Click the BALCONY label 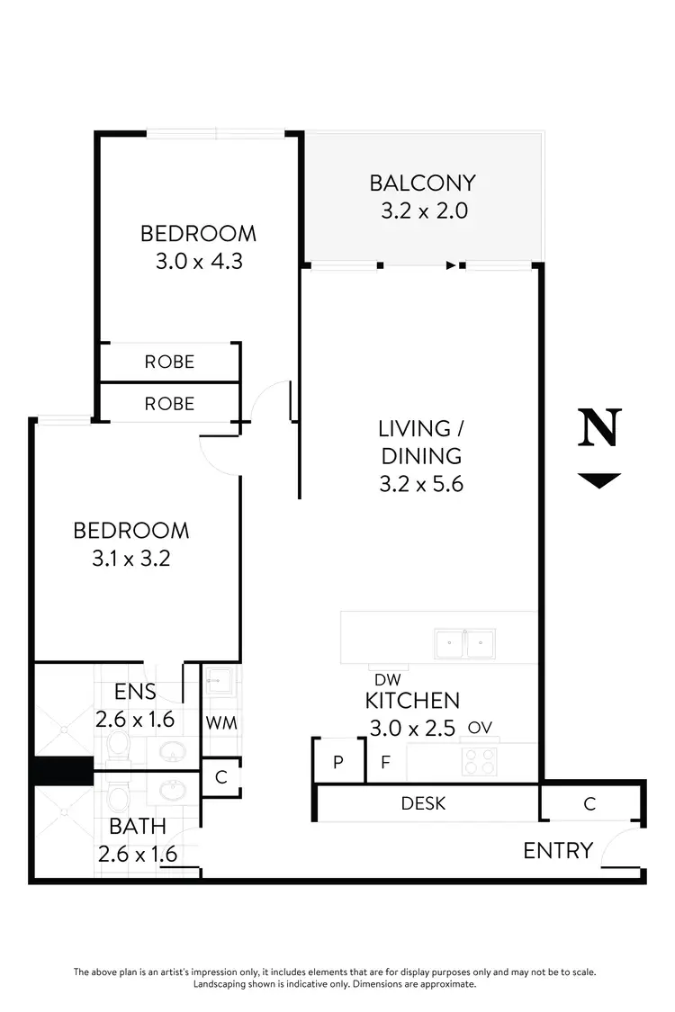pos(422,183)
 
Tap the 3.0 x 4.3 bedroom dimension pos(198,262)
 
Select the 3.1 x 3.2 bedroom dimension pos(131,558)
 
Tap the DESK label pos(423,802)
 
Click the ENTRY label pos(558,850)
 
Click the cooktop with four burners pos(480,762)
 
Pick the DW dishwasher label pos(387,681)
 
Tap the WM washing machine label pos(220,721)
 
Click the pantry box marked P pos(338,762)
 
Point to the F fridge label pos(385,763)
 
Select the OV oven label pos(480,727)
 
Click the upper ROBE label pos(169,362)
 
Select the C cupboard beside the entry pos(589,804)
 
